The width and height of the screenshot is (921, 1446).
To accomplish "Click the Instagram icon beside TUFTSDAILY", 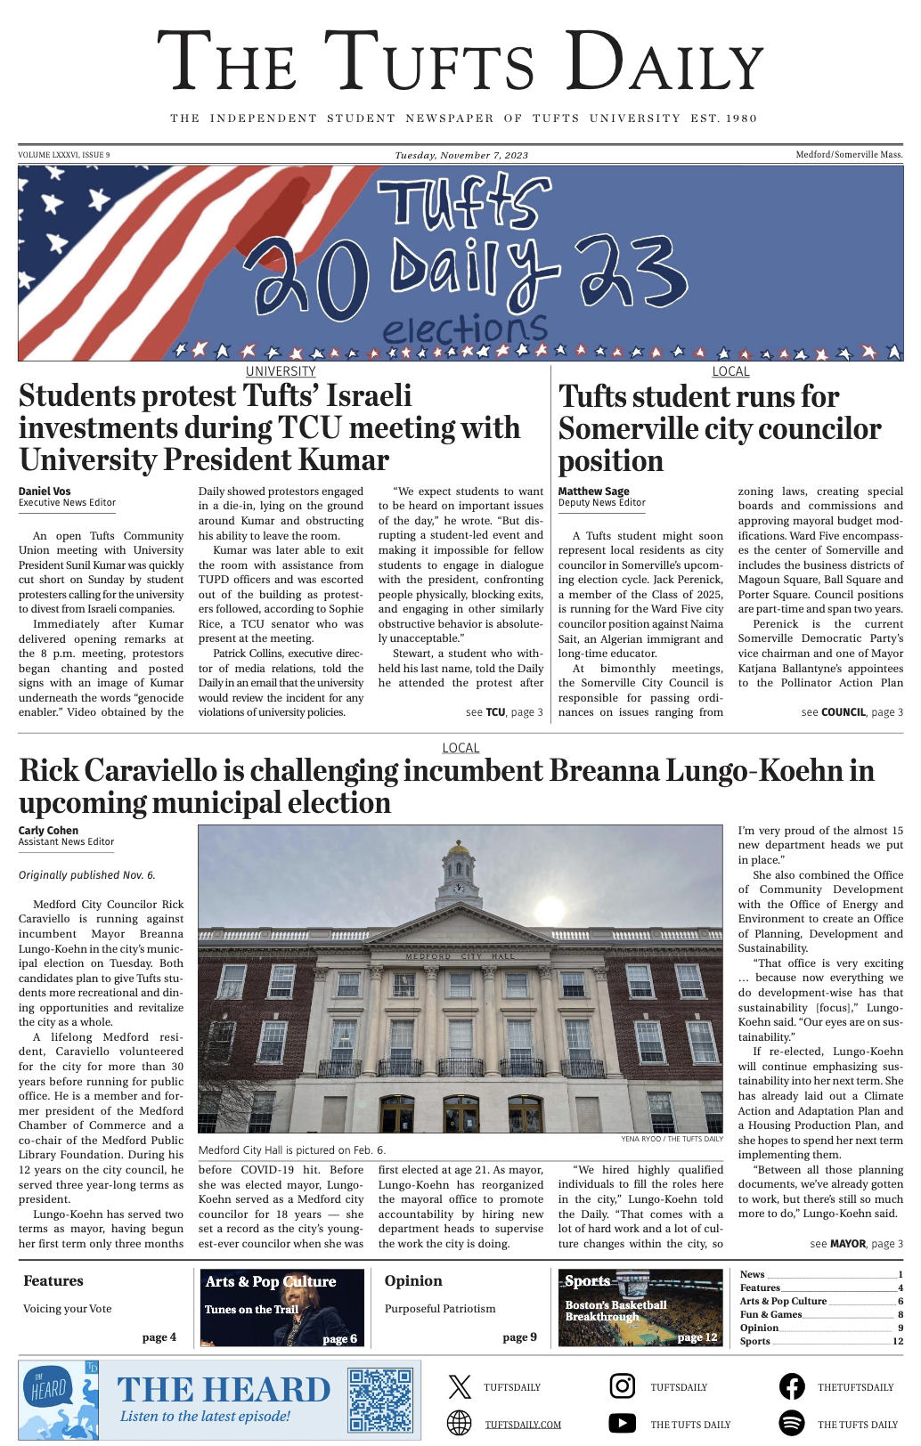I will (x=622, y=1385).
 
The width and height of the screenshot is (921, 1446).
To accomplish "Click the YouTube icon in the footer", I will (x=622, y=1423).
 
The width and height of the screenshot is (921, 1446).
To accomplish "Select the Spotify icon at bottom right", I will (x=791, y=1423).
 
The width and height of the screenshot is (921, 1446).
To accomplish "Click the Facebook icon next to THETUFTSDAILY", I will (x=791, y=1385).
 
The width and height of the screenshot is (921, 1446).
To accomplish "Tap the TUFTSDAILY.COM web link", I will (x=523, y=1425).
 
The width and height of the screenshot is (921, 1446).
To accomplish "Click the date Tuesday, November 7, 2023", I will (x=461, y=155).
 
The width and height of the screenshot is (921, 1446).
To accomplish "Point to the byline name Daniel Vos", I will (x=45, y=491).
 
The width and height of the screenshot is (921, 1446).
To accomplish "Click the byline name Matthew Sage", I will (x=593, y=491).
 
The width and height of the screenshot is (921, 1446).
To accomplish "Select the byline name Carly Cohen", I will (x=48, y=830).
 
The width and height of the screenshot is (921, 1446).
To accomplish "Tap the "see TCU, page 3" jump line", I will (x=503, y=712).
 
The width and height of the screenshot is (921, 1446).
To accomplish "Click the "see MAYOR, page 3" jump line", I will (x=856, y=1244).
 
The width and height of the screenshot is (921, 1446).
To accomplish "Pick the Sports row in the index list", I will (x=820, y=1341).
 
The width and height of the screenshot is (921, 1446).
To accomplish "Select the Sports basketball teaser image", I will (x=640, y=1307).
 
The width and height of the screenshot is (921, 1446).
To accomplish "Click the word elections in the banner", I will (x=465, y=329).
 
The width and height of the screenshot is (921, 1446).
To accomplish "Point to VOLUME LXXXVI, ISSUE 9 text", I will (x=64, y=155).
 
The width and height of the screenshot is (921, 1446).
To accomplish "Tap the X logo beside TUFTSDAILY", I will (x=460, y=1386).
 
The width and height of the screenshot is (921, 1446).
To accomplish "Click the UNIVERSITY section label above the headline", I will (x=281, y=371).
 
